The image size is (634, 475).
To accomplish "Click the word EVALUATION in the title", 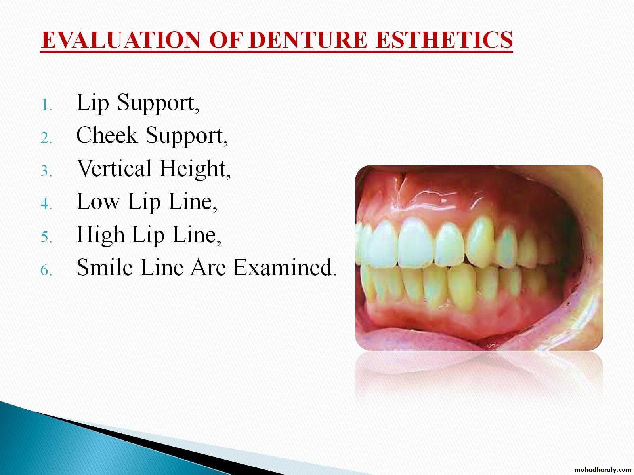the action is (x=121, y=40).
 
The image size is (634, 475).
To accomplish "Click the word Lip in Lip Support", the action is (x=92, y=104).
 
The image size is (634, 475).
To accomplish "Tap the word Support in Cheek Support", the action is (x=187, y=136).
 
